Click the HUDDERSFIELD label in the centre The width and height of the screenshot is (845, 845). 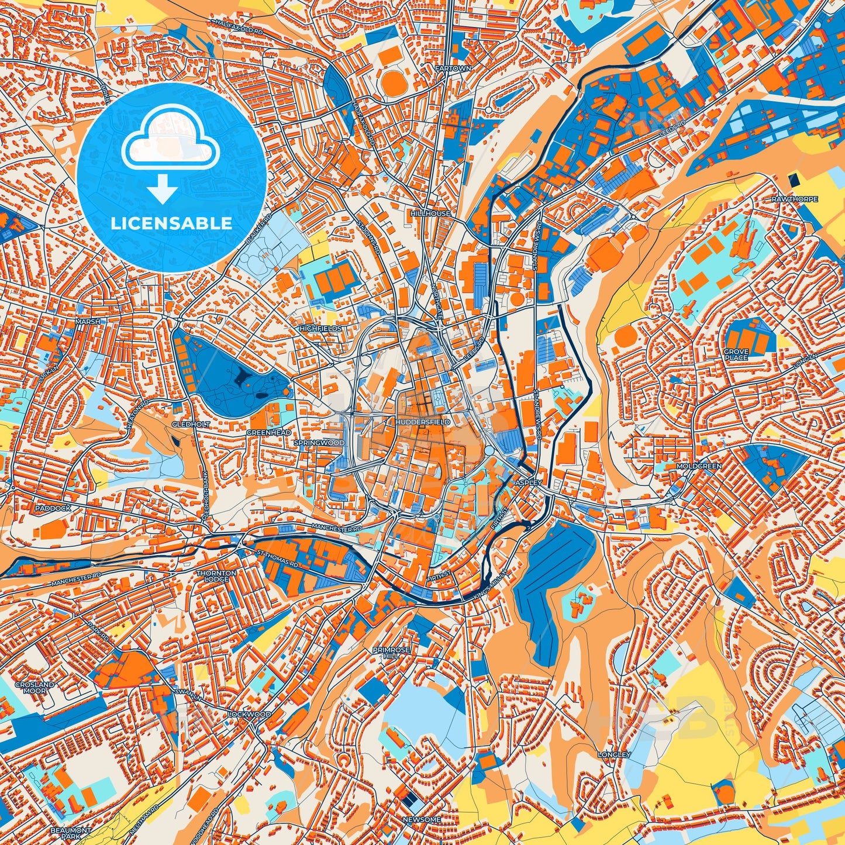coord(423,422)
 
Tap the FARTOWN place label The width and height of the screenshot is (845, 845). coord(453,68)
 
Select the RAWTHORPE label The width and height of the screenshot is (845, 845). coord(795,199)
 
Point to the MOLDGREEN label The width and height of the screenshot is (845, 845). coord(699,466)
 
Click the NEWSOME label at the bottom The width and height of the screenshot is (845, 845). coord(422,820)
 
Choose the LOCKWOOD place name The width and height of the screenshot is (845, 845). coord(250,715)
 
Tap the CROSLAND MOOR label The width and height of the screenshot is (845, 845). coord(35,687)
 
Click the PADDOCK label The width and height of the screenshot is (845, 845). coord(53,508)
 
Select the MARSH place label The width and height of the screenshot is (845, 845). coord(88,322)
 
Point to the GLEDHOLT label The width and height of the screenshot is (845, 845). coord(183,425)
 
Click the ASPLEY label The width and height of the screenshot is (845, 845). coord(530,483)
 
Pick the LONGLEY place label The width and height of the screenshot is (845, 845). coord(614,755)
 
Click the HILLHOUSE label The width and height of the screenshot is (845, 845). coord(430,214)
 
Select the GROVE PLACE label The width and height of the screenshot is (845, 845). coord(736,354)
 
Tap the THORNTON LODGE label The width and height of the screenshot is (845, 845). coord(216,576)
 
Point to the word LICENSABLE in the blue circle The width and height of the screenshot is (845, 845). coord(171,223)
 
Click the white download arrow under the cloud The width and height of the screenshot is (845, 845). coord(163,190)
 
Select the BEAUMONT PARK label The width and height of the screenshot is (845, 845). coord(70,833)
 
